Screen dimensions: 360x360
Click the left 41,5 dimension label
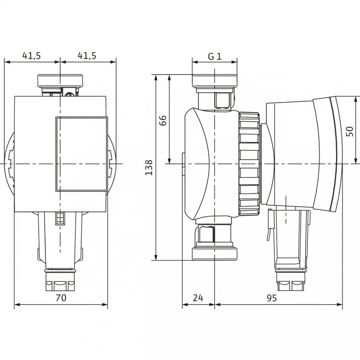pos(32,55)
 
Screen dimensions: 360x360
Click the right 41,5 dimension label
pos(87,55)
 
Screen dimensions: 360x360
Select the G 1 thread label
pos(215,56)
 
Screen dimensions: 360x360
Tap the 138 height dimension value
pos(149,168)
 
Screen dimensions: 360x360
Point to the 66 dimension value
pos(162,120)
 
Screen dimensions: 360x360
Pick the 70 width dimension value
pos(61,298)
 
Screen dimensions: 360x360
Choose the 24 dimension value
pos(198,298)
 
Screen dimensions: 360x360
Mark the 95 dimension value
pos(272,298)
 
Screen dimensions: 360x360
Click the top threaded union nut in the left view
pos(60,80)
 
